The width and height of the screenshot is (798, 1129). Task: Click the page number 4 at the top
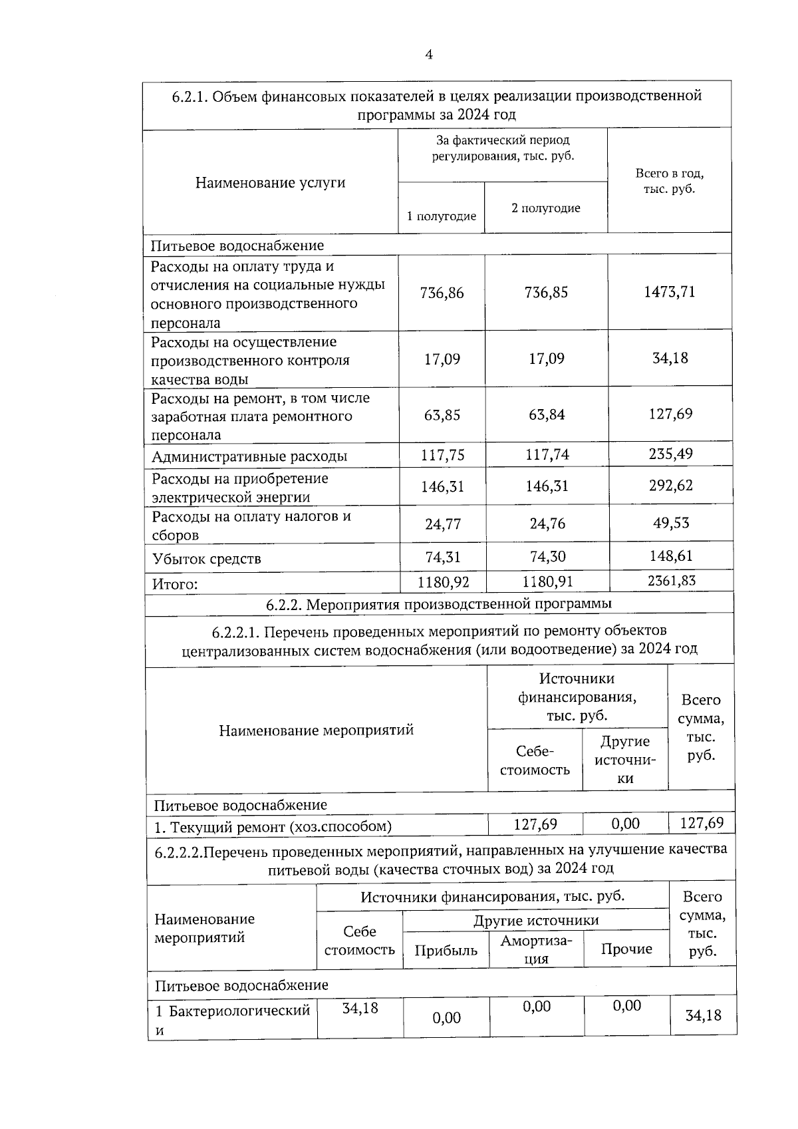pos(429,55)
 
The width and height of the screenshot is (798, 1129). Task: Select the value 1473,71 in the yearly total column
pos(669,292)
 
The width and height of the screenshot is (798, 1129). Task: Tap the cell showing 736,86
pos(442,293)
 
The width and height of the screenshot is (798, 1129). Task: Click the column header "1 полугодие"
pos(442,216)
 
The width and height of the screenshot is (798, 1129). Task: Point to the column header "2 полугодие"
pos(545,208)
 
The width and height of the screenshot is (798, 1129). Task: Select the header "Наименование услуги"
pos(270,182)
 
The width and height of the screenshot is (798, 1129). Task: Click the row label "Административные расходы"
pos(249,457)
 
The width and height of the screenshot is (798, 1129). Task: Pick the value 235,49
pos(670,454)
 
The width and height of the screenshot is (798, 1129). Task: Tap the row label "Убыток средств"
pos(206,559)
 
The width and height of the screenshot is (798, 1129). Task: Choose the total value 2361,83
pos(671,581)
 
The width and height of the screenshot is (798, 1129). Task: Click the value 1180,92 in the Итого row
pos(443,582)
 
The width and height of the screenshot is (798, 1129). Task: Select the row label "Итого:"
pos(175,585)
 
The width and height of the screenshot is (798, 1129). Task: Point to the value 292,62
pos(670,486)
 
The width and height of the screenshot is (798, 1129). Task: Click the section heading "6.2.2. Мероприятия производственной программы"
pos(438,604)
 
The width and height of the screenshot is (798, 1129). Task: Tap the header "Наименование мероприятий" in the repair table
pos(316,730)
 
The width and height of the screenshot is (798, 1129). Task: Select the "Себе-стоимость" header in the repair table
pos(535,760)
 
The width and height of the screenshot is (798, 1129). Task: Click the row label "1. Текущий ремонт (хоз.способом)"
pos(273,828)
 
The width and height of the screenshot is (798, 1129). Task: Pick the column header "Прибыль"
pos(446,951)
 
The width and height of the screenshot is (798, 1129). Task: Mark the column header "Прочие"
pos(626,949)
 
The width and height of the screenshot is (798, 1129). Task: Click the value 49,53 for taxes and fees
pos(670,523)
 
